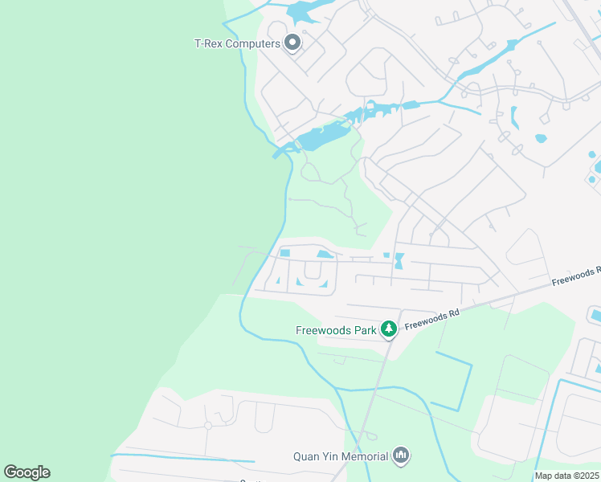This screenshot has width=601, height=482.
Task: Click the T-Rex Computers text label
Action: [237, 43]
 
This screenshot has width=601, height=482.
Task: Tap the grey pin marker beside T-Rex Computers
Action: [292, 43]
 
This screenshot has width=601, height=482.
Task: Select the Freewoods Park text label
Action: [337, 329]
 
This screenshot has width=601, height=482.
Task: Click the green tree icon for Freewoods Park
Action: [389, 329]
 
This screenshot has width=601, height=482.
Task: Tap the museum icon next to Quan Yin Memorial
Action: [401, 457]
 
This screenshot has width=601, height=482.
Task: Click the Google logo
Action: [27, 472]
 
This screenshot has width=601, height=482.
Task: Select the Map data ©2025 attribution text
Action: [567, 476]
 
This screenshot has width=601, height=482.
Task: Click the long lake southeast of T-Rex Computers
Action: [321, 138]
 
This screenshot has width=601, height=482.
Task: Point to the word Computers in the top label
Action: [252, 43]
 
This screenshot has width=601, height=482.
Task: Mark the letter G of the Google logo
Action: [10, 472]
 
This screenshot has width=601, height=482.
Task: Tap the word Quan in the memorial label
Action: [305, 457]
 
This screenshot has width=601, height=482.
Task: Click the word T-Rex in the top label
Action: [208, 43]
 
